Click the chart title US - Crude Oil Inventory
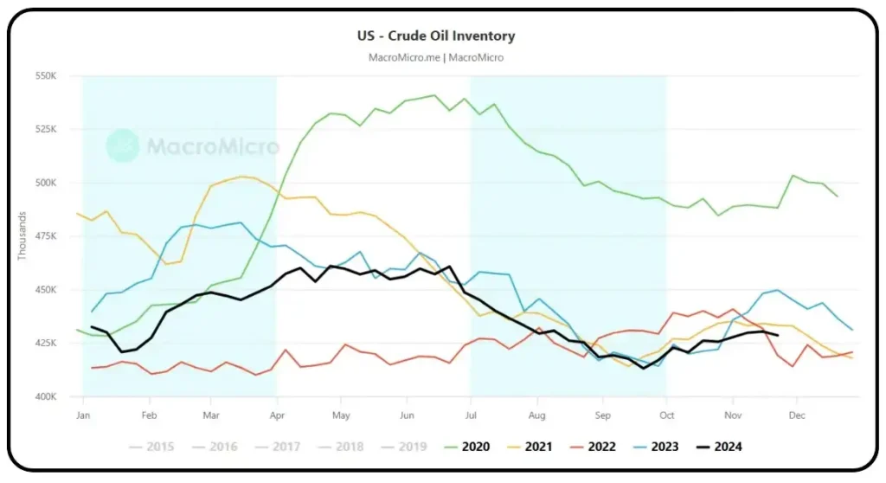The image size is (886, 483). point(436,36)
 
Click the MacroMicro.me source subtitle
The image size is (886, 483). point(436,57)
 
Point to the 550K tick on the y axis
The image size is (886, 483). point(45,76)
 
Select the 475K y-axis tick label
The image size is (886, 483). point(45,236)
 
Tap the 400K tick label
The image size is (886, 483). point(45,396)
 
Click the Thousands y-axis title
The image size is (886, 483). point(22,236)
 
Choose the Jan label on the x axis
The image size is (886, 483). point(83,415)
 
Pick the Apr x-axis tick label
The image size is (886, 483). point(276,415)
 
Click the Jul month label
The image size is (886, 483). point(470,415)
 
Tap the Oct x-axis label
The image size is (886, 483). point(665,415)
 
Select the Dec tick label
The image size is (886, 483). point(795,415)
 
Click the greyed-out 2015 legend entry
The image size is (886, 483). point(151,447)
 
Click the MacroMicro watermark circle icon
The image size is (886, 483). point(123,145)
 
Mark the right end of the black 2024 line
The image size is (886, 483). point(779,335)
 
